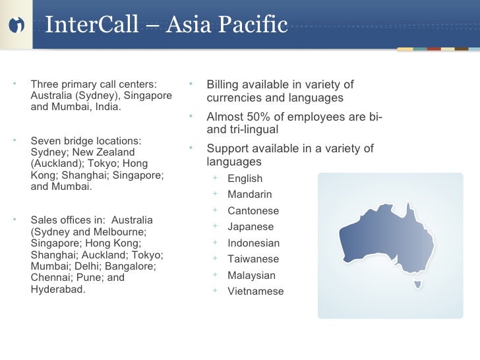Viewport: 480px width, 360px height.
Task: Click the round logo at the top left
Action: tap(16, 25)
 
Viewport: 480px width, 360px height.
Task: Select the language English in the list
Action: tap(245, 179)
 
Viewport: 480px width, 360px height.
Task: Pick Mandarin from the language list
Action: tap(249, 195)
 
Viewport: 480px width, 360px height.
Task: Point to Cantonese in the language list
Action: tap(253, 211)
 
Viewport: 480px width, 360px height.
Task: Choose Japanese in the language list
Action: tap(250, 227)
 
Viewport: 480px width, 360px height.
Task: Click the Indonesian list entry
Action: tap(253, 243)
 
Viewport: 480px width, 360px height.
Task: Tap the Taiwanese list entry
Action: tap(253, 259)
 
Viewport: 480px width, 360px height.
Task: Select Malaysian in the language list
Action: tap(251, 276)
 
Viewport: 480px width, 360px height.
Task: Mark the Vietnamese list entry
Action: tap(255, 291)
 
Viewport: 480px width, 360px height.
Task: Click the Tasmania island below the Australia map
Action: tap(417, 285)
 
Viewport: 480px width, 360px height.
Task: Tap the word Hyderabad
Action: tap(57, 289)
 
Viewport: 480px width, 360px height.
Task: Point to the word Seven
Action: tap(45, 140)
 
